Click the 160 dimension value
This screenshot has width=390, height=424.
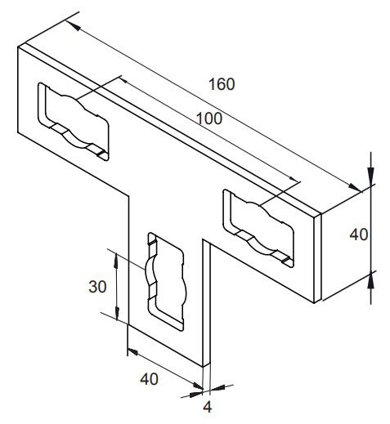(x=222, y=84)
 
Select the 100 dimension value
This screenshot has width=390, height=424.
(x=209, y=118)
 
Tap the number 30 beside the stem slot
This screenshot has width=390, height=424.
(x=97, y=287)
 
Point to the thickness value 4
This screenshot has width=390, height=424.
(x=208, y=408)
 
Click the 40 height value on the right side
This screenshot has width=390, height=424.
(x=359, y=234)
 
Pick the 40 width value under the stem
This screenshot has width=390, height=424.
(x=149, y=379)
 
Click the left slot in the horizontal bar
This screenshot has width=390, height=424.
(x=73, y=122)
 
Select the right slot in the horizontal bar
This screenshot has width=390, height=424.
(x=258, y=228)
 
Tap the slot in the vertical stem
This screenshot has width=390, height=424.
(x=167, y=282)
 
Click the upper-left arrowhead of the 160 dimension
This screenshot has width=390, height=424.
(x=73, y=26)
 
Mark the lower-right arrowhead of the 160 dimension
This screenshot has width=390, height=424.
(x=354, y=187)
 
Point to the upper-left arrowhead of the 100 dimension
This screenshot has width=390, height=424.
(x=123, y=80)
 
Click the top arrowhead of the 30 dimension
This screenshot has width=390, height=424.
(x=116, y=261)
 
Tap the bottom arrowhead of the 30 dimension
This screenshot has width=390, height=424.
(x=117, y=313)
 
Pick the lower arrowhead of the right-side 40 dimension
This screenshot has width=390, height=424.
(x=370, y=281)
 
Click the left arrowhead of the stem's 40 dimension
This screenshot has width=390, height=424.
(x=134, y=351)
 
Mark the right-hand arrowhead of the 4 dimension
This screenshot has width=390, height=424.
(x=217, y=388)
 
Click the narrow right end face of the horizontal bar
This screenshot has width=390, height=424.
(x=317, y=257)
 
